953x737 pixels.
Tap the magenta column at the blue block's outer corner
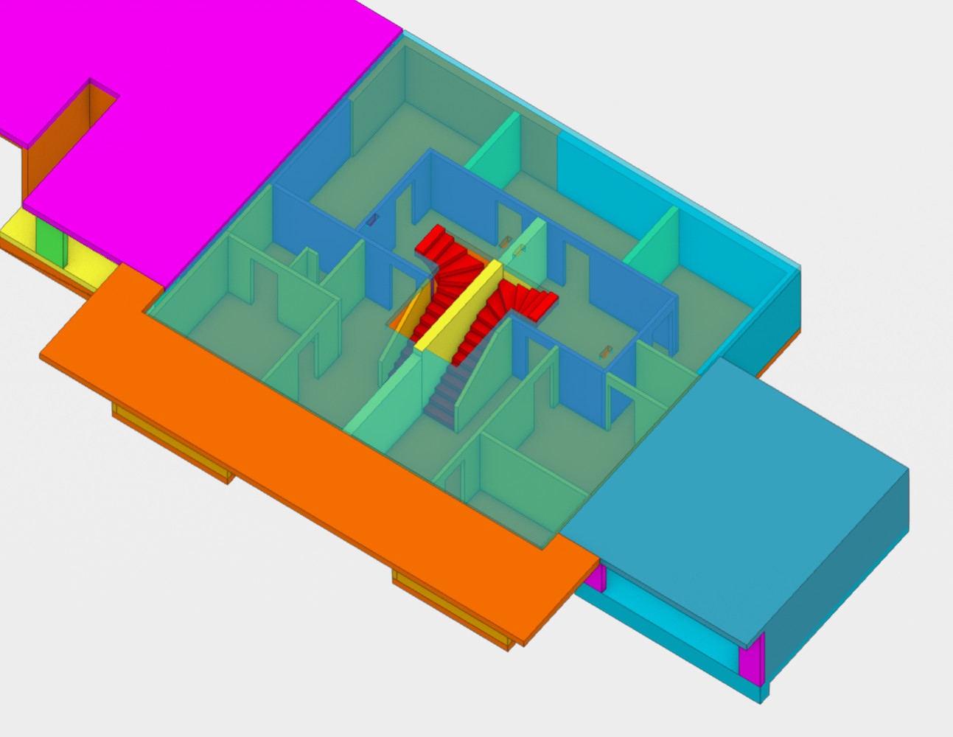tap(752, 660)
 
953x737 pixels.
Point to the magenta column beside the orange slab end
tap(595, 577)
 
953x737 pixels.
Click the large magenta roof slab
tap(221, 111)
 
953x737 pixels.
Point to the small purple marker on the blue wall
tap(373, 220)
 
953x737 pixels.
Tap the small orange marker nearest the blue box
tap(607, 352)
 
